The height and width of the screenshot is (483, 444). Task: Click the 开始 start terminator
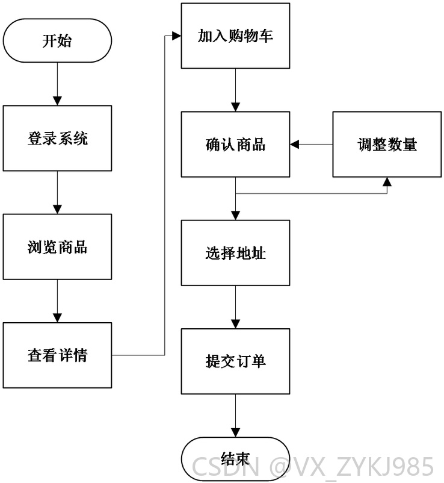coord(57,40)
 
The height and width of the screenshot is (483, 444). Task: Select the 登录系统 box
coord(57,139)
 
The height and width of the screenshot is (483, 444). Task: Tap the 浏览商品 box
coord(57,247)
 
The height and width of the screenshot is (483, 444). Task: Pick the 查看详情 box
coord(57,355)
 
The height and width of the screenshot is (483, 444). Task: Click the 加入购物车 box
coord(235,36)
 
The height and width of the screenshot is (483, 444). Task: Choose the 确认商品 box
coord(235,144)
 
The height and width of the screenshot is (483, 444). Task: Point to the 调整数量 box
coord(387,144)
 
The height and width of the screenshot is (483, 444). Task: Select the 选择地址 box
coord(235,253)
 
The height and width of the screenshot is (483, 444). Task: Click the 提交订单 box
coord(235,361)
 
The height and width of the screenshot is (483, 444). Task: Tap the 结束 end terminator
coord(235,459)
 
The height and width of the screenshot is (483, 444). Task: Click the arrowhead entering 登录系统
coord(57,101)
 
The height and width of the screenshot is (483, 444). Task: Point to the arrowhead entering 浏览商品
coord(57,210)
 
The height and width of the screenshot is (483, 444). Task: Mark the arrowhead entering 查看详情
coord(57,318)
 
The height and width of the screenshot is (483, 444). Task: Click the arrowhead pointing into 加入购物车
coord(177,36)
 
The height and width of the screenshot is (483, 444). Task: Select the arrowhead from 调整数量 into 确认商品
coord(294,144)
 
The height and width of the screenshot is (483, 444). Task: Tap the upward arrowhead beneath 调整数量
coord(387,182)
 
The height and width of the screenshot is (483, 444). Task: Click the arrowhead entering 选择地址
coord(235,216)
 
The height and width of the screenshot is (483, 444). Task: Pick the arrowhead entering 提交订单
coord(235,325)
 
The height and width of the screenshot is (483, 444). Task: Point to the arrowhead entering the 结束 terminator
coord(235,433)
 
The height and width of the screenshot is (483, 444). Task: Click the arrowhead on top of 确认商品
coord(235,107)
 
